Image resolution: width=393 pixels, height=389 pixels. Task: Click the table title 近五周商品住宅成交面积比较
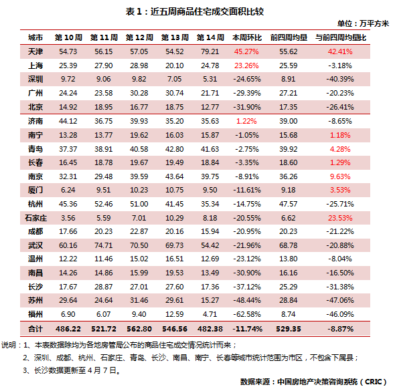pos(207,11)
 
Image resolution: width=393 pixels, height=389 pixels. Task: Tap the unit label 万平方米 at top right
pos(374,23)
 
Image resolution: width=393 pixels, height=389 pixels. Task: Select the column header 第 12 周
pos(139,37)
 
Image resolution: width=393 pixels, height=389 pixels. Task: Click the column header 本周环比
pos(247,37)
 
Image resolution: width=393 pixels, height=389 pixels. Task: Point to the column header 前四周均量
pos(289,37)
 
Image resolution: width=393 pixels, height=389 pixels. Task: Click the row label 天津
pos(35,51)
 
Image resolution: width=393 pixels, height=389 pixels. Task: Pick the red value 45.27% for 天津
pos(246,51)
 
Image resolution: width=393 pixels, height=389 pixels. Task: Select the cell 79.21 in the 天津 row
pos(210,51)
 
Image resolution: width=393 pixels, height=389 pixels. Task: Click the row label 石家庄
pos(35,218)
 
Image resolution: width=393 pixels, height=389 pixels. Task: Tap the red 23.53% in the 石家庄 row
pos(340,218)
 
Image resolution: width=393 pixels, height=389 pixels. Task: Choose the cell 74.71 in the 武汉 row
pos(104,245)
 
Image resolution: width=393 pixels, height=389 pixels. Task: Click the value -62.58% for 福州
pos(247,314)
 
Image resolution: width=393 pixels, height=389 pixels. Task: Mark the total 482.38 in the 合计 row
pos(210,329)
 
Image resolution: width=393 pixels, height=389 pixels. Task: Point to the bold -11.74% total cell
pos(247,329)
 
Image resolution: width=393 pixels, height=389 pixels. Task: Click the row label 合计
pos(35,329)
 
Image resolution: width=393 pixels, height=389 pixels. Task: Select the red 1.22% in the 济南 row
pos(246,121)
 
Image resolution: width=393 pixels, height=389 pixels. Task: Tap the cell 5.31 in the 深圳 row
pos(210,79)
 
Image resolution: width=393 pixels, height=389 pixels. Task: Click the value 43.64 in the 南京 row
pos(175,176)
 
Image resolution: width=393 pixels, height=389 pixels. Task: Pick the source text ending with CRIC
pos(314,382)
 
